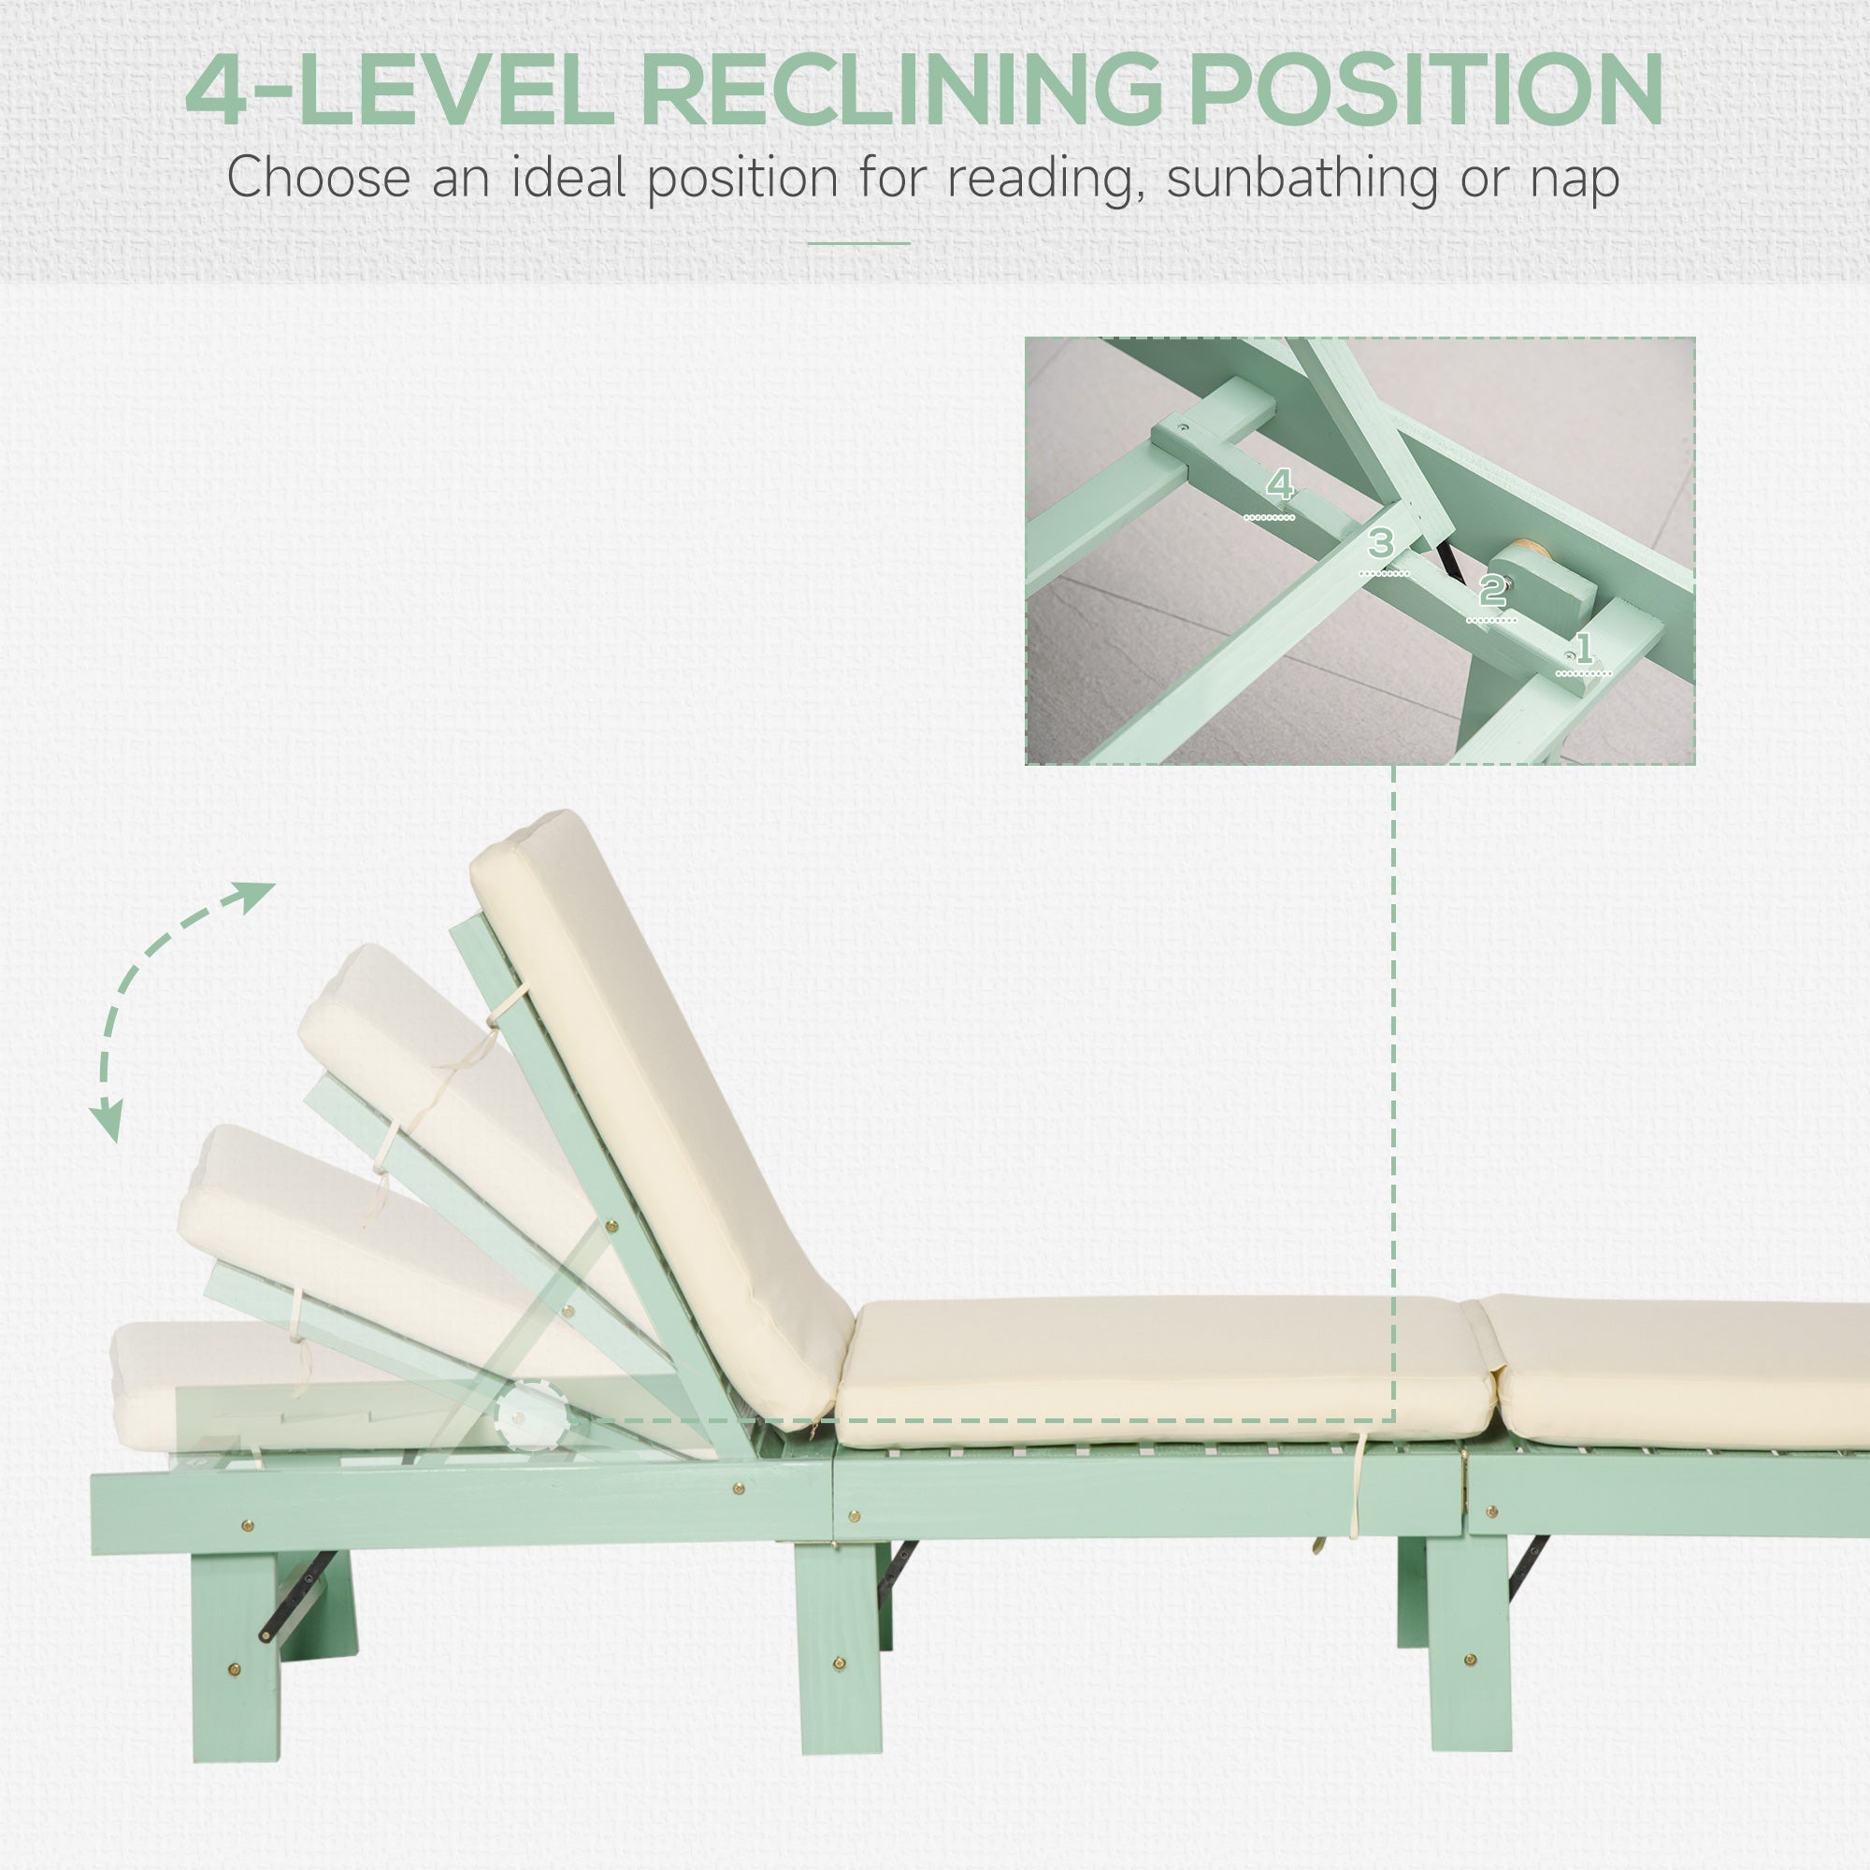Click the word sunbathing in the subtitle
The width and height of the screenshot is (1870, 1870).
coord(1302,180)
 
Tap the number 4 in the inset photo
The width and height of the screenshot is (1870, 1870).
coord(1280,484)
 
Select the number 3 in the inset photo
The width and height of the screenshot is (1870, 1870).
coord(1381,543)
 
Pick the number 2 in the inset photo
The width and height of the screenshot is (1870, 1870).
coord(1491,589)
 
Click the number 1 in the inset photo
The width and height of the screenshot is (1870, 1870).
coord(1584,648)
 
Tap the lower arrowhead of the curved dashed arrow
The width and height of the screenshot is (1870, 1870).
coord(108,1124)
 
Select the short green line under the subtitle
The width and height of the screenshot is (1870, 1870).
coord(858,243)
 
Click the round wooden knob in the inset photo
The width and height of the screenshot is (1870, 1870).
coord(1528,558)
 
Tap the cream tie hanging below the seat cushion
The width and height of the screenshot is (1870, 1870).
coord(1358,1489)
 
